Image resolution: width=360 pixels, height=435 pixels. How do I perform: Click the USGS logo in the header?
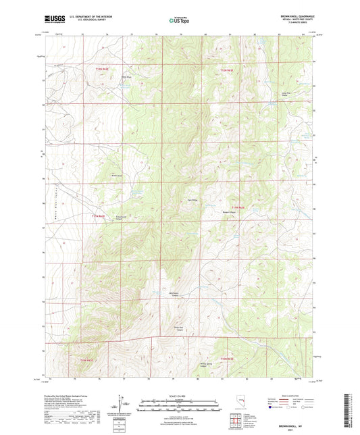pos(51,18)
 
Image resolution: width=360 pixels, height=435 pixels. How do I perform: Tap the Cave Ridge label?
pos(191,199)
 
